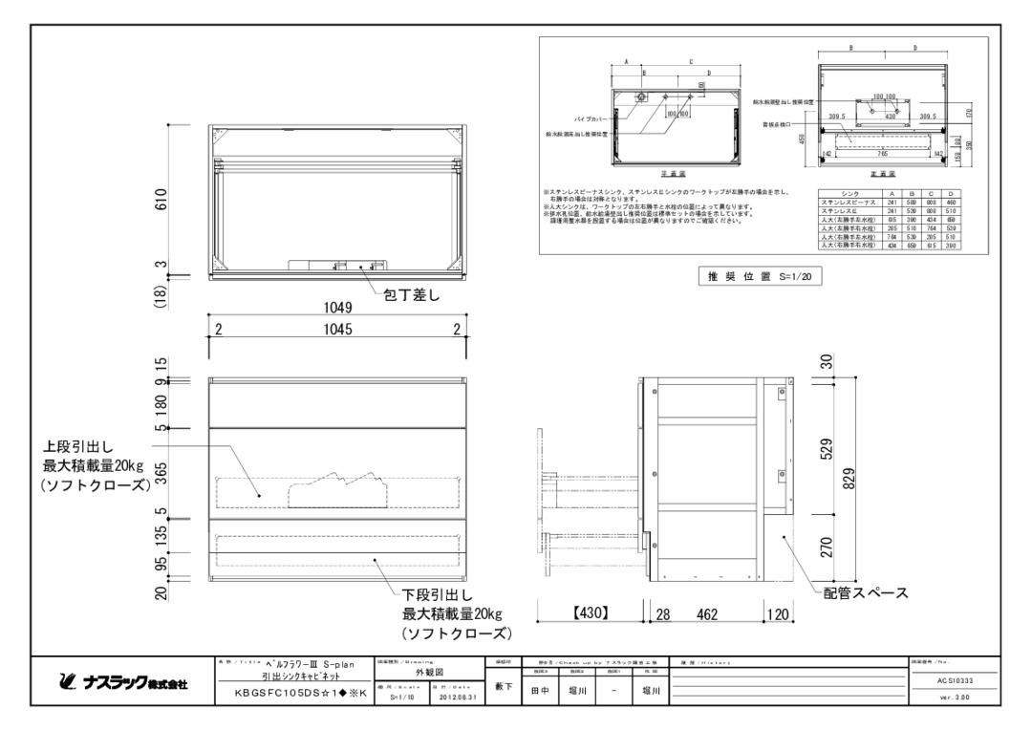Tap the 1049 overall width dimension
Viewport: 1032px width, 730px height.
click(336, 308)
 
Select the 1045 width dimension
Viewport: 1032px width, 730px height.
click(336, 330)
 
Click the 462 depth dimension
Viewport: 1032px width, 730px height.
click(706, 614)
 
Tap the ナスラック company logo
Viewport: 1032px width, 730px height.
click(118, 684)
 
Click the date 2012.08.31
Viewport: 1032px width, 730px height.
click(455, 698)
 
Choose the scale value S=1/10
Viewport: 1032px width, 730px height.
click(404, 698)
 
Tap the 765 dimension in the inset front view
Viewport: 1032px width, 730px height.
click(882, 154)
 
